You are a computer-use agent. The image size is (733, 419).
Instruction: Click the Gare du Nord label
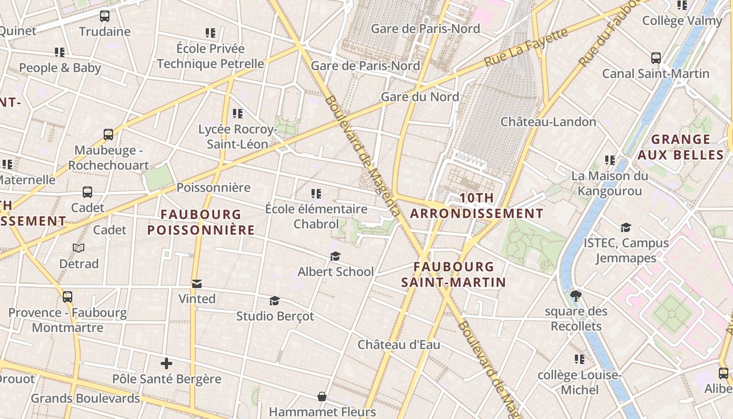click(420, 97)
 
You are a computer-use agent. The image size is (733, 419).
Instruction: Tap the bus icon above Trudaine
click(105, 16)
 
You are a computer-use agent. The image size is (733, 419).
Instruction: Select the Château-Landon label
click(548, 122)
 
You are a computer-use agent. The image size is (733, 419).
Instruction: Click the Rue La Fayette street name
click(526, 48)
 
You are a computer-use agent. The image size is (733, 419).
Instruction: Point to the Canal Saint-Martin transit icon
click(656, 58)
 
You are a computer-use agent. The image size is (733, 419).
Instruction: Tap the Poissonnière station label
click(214, 188)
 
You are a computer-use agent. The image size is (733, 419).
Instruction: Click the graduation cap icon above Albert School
click(335, 256)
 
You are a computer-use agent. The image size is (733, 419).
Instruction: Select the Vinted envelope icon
click(197, 284)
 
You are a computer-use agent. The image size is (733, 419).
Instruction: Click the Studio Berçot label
click(275, 316)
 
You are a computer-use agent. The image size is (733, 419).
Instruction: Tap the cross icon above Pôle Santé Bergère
click(166, 363)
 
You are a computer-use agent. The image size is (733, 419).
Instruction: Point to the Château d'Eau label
click(398, 345)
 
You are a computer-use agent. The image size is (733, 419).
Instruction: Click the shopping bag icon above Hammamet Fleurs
click(322, 396)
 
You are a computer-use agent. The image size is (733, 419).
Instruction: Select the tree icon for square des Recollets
click(576, 296)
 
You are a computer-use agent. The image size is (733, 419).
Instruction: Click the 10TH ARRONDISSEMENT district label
click(476, 206)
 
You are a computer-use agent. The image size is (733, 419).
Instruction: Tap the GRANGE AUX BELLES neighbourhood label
click(681, 147)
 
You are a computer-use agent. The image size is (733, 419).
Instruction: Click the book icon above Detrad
click(79, 248)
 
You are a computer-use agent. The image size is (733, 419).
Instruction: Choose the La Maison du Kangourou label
click(609, 183)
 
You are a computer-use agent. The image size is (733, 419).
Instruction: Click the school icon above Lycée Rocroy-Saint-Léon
click(238, 113)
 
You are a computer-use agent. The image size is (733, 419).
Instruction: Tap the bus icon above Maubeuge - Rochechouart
click(108, 135)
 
